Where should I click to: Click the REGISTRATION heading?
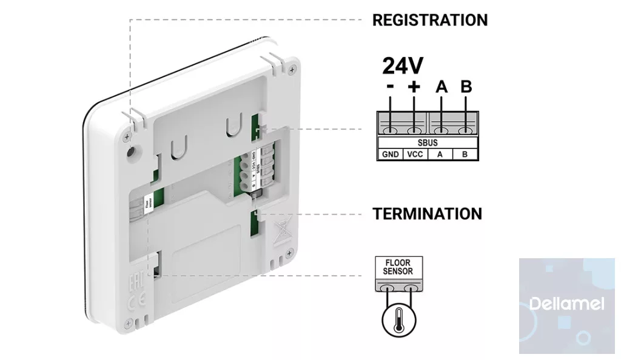(x=429, y=20)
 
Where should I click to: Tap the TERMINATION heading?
(x=428, y=214)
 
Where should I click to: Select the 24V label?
(x=403, y=66)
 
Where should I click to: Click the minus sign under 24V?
(x=390, y=87)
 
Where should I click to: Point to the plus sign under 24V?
(x=414, y=87)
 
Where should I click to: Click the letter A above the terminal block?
(x=441, y=87)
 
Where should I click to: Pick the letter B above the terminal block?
(x=466, y=87)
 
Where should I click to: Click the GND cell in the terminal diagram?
(x=391, y=154)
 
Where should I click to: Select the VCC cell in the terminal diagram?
(x=415, y=154)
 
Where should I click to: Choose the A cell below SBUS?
(x=441, y=154)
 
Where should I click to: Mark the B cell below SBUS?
(x=465, y=154)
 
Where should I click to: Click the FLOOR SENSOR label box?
(x=397, y=268)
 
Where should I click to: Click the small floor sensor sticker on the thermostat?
(x=150, y=206)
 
